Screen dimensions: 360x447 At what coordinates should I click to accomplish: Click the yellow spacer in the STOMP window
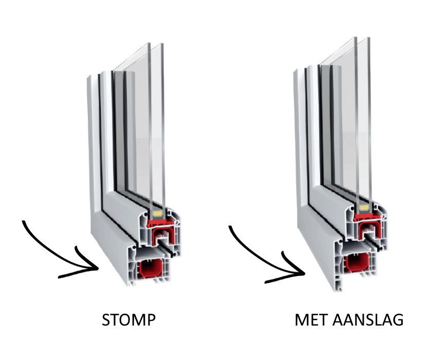tap(157, 211)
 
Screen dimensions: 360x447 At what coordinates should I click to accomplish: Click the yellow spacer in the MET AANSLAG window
tap(365, 207)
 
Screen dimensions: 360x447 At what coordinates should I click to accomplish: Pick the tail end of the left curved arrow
tap(24, 222)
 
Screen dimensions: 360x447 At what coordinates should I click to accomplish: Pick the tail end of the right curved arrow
tap(229, 226)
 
